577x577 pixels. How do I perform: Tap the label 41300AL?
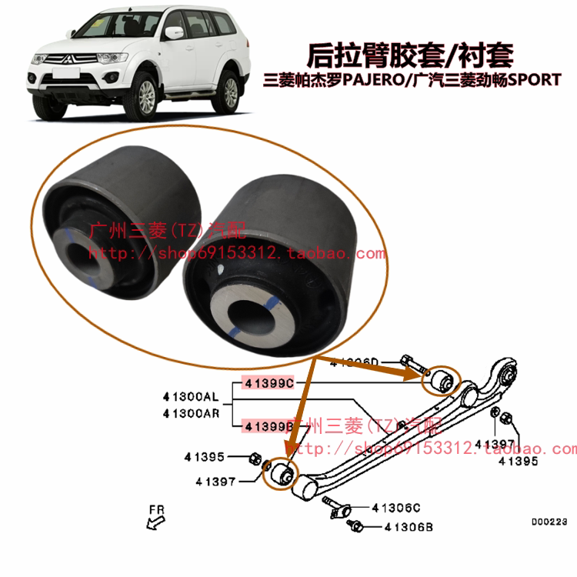click(190, 397)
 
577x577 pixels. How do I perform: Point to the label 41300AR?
click(190, 412)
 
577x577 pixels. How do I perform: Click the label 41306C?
click(397, 508)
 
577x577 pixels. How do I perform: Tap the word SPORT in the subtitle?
click(537, 79)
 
